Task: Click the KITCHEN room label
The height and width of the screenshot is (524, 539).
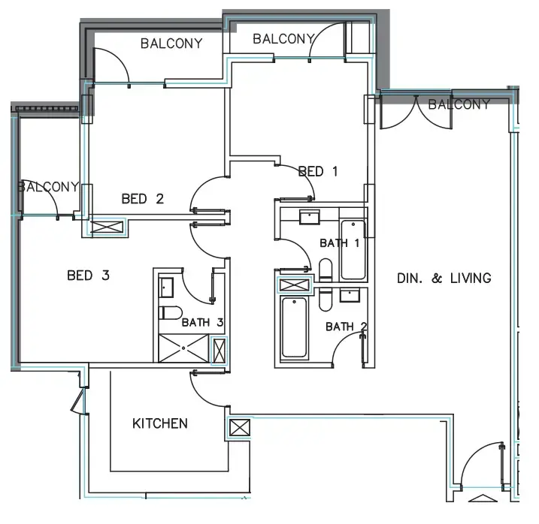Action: [x=160, y=423]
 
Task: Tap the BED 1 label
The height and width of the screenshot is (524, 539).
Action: [x=317, y=171]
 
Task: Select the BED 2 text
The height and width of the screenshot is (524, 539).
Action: [x=142, y=199]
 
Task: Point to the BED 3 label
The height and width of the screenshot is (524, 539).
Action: [x=89, y=276]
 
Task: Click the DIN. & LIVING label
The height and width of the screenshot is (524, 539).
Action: [x=444, y=279]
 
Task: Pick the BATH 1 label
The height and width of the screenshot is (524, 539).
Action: [x=340, y=243]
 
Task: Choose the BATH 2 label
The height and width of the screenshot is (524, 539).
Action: [x=347, y=327]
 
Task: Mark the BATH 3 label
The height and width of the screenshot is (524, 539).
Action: [x=201, y=323]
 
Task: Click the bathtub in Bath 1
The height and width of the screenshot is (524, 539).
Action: [x=353, y=250]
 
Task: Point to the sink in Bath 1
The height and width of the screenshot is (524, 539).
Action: [x=310, y=218]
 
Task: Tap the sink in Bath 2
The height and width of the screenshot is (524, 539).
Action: [x=350, y=294]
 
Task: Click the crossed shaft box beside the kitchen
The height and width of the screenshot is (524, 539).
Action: [x=238, y=430]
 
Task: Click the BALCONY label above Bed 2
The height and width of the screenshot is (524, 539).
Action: [x=171, y=44]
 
